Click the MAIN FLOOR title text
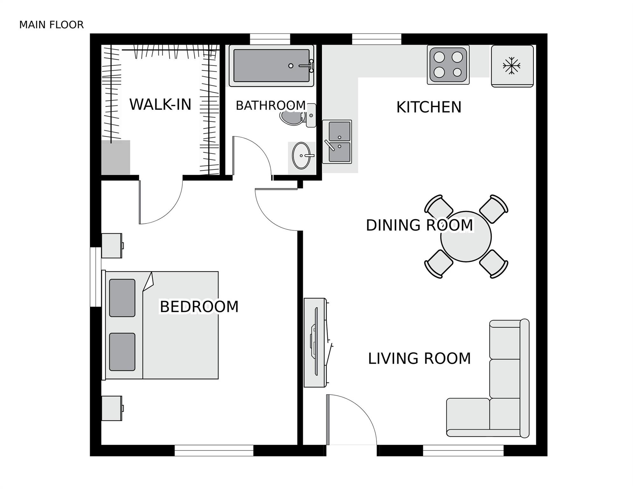click(51, 25)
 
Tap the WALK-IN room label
click(160, 104)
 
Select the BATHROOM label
click(270, 105)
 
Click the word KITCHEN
click(429, 107)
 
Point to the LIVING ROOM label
click(419, 358)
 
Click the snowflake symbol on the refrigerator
click(511, 66)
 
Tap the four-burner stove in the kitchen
click(448, 65)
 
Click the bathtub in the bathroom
click(271, 66)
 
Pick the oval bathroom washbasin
click(301, 155)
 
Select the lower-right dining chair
click(494, 264)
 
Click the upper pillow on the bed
click(122, 298)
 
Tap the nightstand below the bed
click(112, 408)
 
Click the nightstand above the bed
click(112, 245)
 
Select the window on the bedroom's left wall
click(96, 277)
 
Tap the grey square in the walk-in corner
click(116, 158)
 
